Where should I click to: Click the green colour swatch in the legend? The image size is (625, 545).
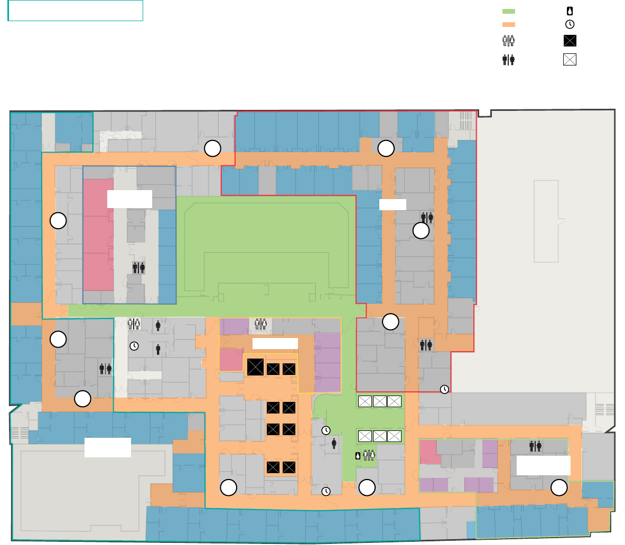(x=509, y=11)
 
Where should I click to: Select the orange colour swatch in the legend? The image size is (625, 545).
(x=509, y=24)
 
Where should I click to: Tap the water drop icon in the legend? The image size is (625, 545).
(x=570, y=11)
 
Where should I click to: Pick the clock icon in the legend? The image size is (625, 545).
(x=570, y=24)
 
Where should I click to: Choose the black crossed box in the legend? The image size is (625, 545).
(x=570, y=41)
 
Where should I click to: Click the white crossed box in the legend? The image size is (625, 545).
(x=570, y=59)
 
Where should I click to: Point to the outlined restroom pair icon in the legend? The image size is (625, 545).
(x=509, y=41)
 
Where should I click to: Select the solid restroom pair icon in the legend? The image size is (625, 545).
(x=509, y=60)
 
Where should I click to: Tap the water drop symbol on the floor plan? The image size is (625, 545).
(x=358, y=455)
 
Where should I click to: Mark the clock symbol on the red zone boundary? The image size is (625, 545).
(x=445, y=389)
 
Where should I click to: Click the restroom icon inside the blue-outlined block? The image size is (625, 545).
(x=139, y=268)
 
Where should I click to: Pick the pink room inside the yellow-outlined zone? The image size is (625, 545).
(x=231, y=360)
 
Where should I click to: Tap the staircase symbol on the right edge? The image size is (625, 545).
(x=607, y=409)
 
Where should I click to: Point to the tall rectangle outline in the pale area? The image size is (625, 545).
(x=546, y=221)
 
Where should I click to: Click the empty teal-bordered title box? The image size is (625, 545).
(x=76, y=11)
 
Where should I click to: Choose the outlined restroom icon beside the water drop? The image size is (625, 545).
(x=369, y=455)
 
